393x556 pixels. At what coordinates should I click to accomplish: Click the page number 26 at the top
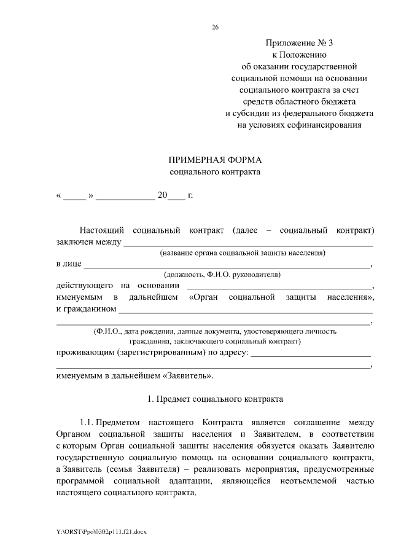coord(215,27)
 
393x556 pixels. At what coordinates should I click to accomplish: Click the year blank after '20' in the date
coord(176,197)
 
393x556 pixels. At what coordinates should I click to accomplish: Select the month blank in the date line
coord(125,197)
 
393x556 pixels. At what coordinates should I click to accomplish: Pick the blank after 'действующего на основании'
coord(279,286)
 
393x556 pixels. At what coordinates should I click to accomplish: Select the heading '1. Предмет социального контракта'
coord(215,399)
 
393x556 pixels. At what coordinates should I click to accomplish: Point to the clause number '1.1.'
coord(86,423)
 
